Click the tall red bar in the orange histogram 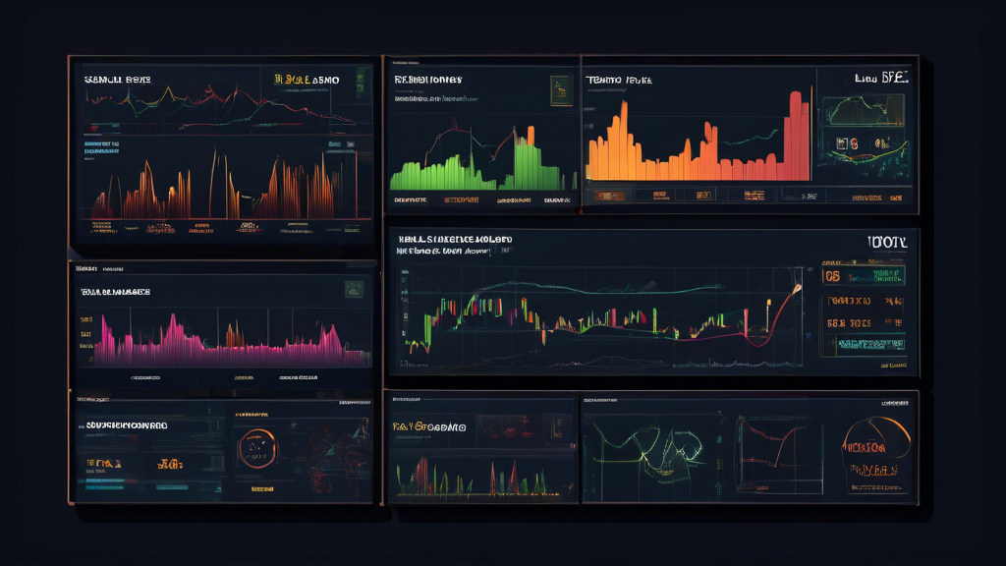pos(796,138)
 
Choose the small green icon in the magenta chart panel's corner pos(353,290)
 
